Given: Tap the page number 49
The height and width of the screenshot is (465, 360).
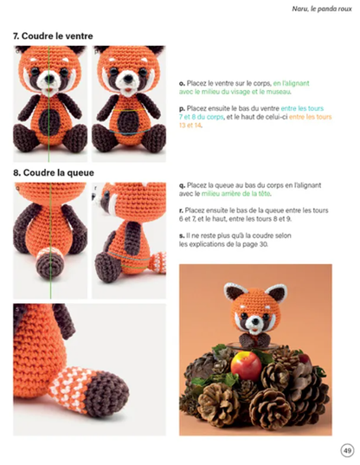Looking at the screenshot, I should click(347, 449).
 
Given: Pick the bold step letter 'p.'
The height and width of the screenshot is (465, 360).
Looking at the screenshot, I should click(182, 107).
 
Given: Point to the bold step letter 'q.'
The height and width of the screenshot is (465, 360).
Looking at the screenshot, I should click(182, 185).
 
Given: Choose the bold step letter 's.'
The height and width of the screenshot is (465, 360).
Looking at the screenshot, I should click(181, 236).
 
